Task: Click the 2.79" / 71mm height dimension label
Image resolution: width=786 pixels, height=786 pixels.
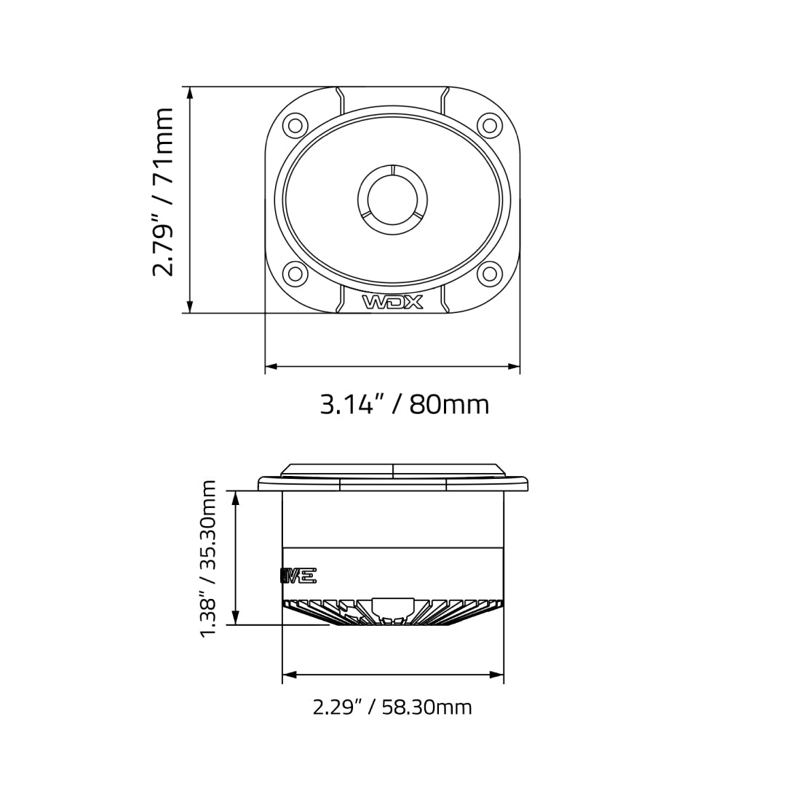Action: point(163,192)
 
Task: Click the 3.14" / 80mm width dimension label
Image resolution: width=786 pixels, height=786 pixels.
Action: point(405,405)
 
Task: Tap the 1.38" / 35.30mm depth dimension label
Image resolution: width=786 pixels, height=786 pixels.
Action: point(209,557)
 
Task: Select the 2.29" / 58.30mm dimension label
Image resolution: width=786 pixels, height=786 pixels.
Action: point(392,707)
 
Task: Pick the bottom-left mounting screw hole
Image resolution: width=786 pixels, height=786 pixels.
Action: point(295,274)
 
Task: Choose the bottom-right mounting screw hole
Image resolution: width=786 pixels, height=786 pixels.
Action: point(490,274)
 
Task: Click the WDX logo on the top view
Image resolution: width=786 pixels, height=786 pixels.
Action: point(392,302)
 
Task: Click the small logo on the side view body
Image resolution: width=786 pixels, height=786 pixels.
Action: point(298,576)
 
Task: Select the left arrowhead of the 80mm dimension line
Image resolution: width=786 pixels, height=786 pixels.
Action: point(271,367)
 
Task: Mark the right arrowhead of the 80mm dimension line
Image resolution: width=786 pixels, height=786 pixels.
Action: point(514,367)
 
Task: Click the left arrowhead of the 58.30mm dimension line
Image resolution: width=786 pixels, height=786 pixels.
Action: point(289,675)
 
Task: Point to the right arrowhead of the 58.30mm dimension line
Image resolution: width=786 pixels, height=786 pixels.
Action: point(497,675)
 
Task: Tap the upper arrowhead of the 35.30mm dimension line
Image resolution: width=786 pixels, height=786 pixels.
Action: point(235,497)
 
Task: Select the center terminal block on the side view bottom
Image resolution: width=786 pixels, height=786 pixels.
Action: point(393,607)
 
